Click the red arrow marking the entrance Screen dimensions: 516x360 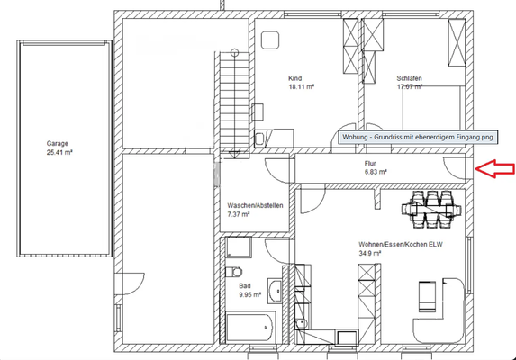(495, 169)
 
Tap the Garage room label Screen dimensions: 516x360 (58, 144)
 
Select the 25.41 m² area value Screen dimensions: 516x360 (59, 152)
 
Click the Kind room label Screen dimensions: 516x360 (294, 78)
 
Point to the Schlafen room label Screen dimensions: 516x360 (409, 78)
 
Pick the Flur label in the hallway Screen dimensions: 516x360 (370, 164)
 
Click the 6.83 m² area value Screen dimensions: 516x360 (376, 172)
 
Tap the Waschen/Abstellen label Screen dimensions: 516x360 (255, 206)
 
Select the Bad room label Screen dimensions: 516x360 (245, 286)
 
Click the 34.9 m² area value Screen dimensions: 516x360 (370, 253)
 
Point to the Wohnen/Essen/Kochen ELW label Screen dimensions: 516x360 (401, 245)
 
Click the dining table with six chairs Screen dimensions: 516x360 (431, 209)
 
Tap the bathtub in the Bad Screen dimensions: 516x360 (250, 328)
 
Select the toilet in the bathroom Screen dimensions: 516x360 (234, 272)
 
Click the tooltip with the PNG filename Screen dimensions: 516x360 (418, 137)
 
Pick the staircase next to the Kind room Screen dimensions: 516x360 (234, 103)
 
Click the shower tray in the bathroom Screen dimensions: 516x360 (240, 247)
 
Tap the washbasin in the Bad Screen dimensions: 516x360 (275, 291)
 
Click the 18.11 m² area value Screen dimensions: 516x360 (302, 87)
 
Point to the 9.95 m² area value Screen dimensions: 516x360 (250, 295)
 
